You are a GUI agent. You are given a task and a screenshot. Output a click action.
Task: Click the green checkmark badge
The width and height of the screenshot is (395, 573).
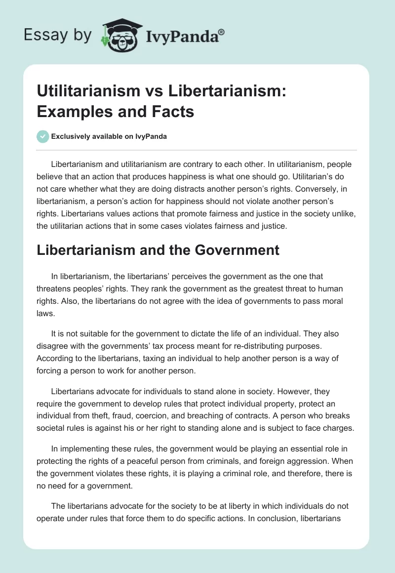(43, 137)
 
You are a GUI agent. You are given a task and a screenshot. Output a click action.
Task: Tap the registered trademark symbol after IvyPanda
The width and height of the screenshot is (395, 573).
(222, 32)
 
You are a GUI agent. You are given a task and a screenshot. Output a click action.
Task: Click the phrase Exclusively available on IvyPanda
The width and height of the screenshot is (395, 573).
(109, 137)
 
